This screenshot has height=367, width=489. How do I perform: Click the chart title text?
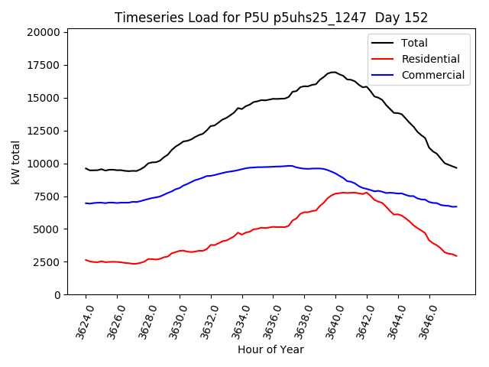pyautogui.click(x=270, y=17)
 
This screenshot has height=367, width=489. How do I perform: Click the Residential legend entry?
pyautogui.click(x=431, y=59)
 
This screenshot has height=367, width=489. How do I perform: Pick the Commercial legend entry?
pyautogui.click(x=432, y=75)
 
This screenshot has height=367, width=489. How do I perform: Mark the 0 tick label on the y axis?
pyautogui.click(x=57, y=295)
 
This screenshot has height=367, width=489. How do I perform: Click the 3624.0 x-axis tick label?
pyautogui.click(x=79, y=320)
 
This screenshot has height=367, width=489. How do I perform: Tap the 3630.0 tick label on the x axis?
pyautogui.click(x=173, y=320)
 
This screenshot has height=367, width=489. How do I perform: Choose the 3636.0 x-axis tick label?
pyautogui.click(x=267, y=320)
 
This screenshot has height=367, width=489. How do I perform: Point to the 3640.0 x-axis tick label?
pyautogui.click(x=329, y=320)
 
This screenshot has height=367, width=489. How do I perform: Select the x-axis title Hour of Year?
pyautogui.click(x=270, y=349)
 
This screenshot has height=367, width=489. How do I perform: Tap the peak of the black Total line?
pyautogui.click(x=334, y=72)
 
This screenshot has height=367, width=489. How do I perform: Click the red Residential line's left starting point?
pyautogui.click(x=86, y=260)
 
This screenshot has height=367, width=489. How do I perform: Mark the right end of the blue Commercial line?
pyautogui.click(x=456, y=206)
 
